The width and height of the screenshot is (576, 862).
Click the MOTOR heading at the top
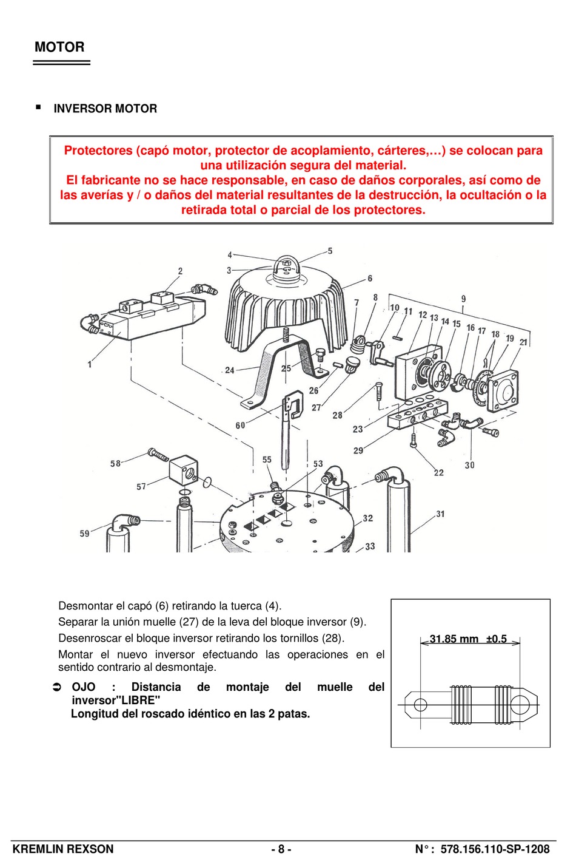pos(59,47)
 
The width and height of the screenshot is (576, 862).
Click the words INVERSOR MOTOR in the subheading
pos(105,109)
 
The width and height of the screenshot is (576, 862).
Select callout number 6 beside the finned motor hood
pos(370,279)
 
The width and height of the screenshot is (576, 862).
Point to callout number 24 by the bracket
pos(229,370)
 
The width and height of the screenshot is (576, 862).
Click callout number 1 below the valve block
pos(90,364)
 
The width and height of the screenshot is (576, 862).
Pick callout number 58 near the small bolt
pos(115,464)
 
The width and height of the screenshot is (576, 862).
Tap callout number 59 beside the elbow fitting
pos(84,534)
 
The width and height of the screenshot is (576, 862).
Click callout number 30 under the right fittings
pos(470,465)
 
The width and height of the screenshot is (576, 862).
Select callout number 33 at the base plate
pos(370,546)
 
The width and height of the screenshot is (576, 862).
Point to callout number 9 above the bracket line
pos(463,299)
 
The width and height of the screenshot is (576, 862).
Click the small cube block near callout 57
pos(184,469)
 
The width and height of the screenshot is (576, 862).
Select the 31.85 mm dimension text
pos(454,639)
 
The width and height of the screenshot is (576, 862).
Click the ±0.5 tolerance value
pos(496,639)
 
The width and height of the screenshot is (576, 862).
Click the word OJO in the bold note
pos(84,687)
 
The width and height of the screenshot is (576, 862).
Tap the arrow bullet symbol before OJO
pos(57,687)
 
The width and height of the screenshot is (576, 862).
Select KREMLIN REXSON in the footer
pos(63,849)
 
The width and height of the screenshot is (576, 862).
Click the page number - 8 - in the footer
pos(281,849)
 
